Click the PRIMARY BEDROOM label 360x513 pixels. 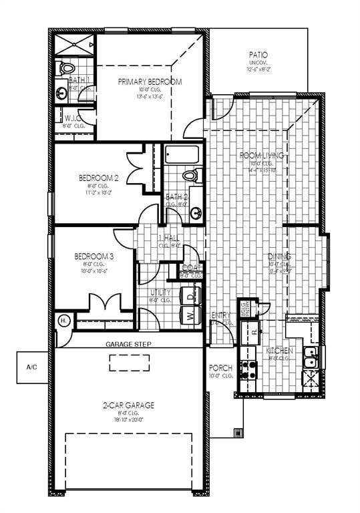[x=150, y=81]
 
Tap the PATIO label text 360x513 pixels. [x=258, y=55]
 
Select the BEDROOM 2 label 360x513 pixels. [x=98, y=178]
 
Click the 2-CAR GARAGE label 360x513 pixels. [x=128, y=405]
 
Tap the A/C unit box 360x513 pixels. [x=32, y=367]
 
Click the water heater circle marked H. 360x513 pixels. [x=63, y=321]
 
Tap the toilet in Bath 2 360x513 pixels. [x=190, y=176]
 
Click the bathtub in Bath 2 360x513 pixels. [x=181, y=156]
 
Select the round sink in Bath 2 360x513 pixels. [x=196, y=214]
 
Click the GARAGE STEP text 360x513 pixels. [x=128, y=344]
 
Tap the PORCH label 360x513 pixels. [x=220, y=367]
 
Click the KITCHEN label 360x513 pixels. [x=279, y=350]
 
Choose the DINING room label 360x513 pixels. [x=280, y=256]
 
